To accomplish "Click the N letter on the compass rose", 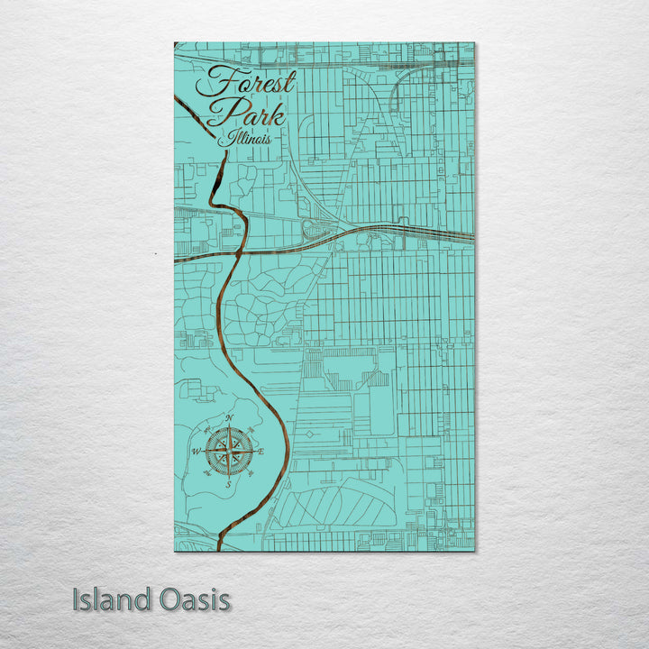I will point(229,418).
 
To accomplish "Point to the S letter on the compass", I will point(228,484).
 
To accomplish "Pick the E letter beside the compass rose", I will point(261,451).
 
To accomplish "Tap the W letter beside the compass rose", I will point(196,452).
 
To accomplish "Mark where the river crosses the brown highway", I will point(238,252).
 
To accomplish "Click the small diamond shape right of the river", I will point(311,434).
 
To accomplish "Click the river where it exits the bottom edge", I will point(218,546).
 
